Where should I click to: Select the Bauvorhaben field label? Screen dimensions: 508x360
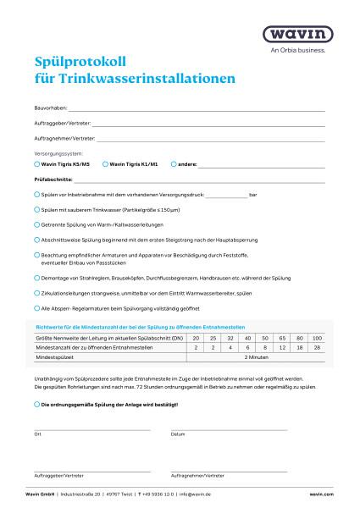tap(49, 109)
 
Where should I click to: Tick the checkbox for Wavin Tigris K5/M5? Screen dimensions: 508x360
tap(36, 163)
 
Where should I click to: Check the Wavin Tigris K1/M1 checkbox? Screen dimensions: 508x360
tap(105, 163)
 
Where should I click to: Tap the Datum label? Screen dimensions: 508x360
tap(178, 433)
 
